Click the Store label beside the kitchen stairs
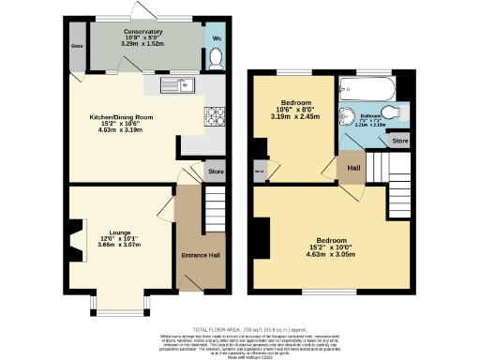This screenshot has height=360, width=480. coord(216,172)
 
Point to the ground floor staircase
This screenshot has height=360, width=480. coord(216,202)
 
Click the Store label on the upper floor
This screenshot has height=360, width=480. coord(400,141)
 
